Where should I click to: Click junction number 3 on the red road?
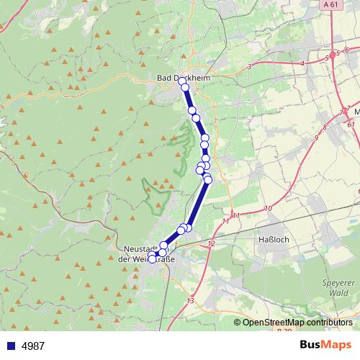[x=249, y=66]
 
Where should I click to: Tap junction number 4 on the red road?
[x=302, y=63]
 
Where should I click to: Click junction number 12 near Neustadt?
[x=211, y=244]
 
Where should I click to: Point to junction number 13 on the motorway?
[x=190, y=300]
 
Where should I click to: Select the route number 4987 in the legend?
[x=33, y=346]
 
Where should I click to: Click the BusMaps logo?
[x=325, y=345]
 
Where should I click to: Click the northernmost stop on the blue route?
[x=181, y=81]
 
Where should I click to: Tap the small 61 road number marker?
[x=351, y=125]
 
